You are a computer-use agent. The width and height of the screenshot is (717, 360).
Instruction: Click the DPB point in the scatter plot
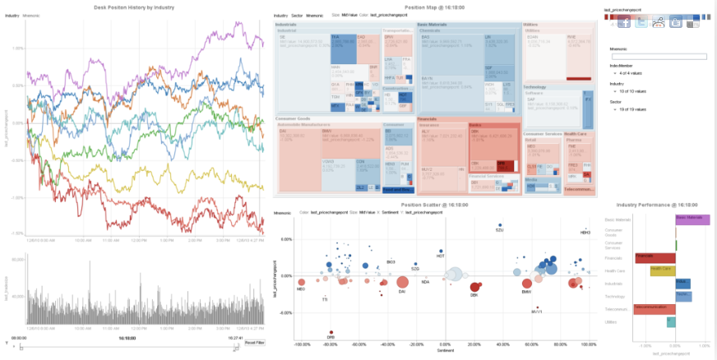[331, 330]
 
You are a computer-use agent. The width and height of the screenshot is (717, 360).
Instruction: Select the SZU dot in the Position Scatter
[498, 226]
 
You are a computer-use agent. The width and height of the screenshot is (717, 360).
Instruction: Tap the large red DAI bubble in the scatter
[402, 282]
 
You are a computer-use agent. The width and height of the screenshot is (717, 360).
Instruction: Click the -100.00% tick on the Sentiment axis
[302, 344]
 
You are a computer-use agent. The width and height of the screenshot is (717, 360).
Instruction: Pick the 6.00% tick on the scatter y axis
[287, 239]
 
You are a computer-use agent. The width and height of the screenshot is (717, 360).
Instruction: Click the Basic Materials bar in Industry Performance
[692, 219]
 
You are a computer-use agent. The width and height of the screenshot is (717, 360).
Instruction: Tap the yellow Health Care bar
[662, 270]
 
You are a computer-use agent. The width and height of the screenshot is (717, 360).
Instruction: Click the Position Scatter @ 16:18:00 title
[433, 204]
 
